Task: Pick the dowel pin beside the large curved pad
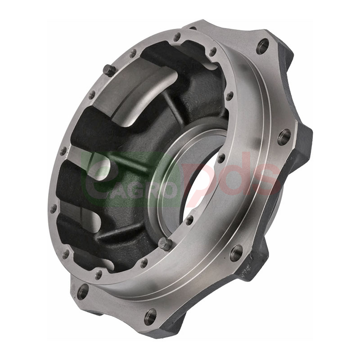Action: [x=108, y=70]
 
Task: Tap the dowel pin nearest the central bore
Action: [x=165, y=244]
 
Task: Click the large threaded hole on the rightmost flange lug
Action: [x=284, y=137]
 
